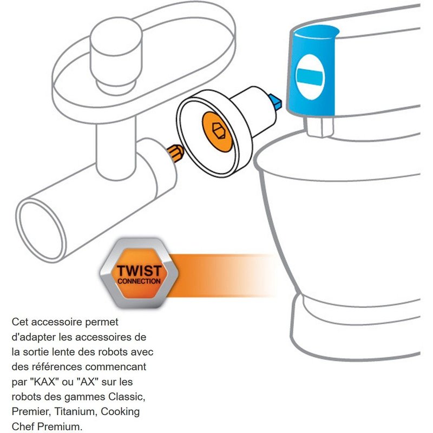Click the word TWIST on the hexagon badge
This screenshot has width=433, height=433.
(139, 271)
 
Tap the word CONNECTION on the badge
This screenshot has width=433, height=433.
(139, 281)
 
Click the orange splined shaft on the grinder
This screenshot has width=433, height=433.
(175, 153)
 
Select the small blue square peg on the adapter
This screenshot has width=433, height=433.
(275, 101)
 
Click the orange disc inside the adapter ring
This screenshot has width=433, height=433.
(218, 132)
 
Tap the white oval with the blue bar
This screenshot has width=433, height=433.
(310, 77)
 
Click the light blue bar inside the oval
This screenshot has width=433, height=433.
(310, 77)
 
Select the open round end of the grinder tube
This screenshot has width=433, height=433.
(41, 231)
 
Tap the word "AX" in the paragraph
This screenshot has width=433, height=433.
(88, 382)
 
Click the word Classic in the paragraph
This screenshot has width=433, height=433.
(127, 397)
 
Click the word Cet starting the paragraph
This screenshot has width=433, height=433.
(20, 322)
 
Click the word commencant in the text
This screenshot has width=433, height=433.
(116, 367)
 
